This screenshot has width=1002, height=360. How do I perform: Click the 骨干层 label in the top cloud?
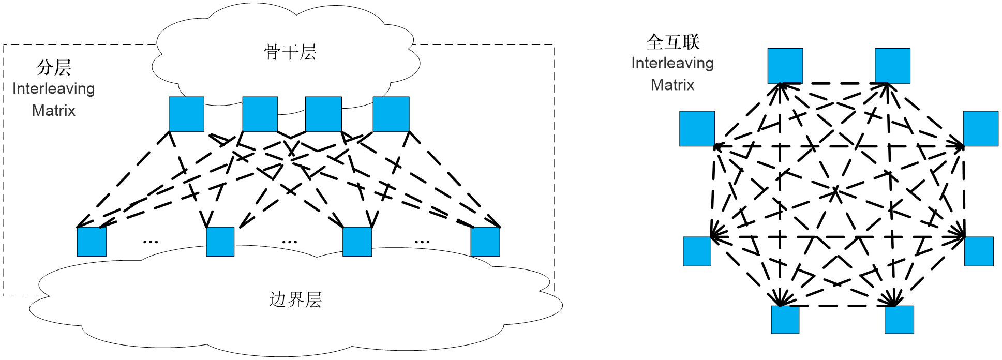click(290, 52)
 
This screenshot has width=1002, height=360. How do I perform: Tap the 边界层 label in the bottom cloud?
click(295, 299)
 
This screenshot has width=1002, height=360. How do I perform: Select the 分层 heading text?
click(54, 67)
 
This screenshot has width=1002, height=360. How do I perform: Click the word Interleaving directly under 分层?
click(54, 88)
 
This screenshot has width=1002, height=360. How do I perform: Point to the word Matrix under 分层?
click(54, 110)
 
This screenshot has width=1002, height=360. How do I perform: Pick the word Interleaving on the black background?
click(672, 63)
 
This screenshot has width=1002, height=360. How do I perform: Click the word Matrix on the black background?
click(672, 85)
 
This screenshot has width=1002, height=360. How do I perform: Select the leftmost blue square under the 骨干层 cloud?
click(186, 114)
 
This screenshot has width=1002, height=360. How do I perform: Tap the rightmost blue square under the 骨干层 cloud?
click(391, 114)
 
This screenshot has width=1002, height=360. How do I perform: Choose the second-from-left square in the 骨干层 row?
click(260, 114)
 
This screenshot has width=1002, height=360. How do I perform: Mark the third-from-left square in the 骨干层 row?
click(323, 114)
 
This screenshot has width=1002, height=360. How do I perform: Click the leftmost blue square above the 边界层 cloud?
click(92, 242)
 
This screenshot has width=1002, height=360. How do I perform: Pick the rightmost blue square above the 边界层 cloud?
click(485, 242)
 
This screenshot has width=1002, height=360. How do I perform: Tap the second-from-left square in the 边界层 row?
click(220, 242)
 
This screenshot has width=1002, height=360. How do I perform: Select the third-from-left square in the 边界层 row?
click(357, 242)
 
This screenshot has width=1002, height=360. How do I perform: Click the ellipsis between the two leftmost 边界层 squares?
click(151, 242)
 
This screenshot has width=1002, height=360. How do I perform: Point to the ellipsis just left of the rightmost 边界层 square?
click(422, 242)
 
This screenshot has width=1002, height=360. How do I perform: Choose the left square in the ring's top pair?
click(785, 66)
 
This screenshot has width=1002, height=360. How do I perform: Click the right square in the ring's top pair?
click(892, 66)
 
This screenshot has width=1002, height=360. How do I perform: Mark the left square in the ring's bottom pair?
click(785, 320)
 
